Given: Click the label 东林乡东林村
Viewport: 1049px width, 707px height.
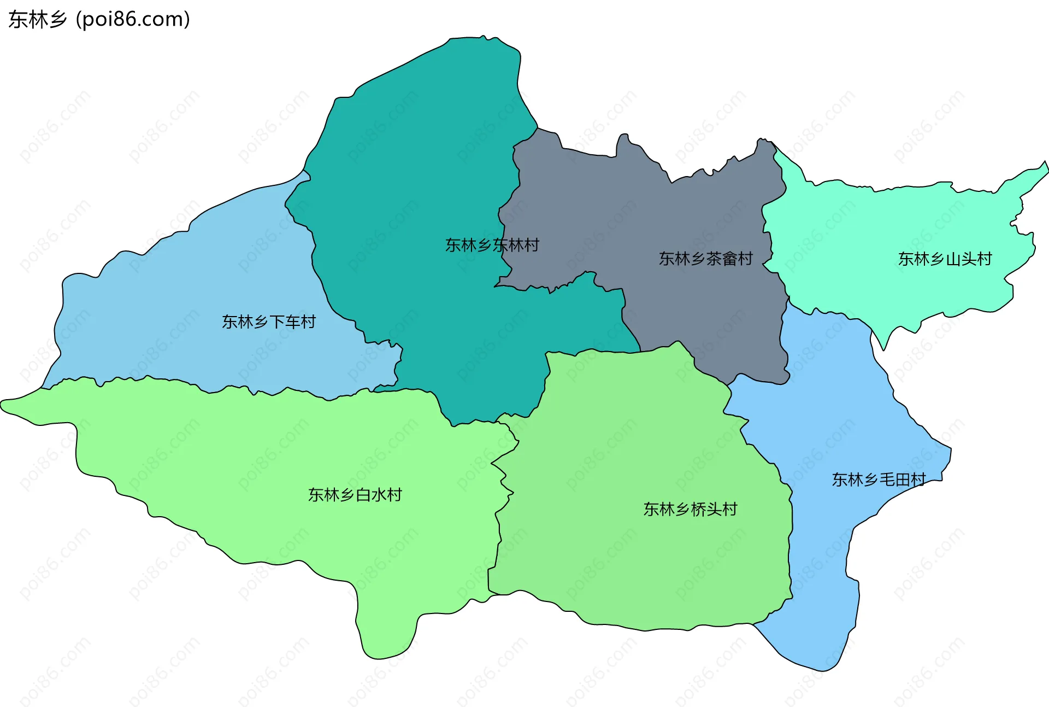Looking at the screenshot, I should tap(492, 245).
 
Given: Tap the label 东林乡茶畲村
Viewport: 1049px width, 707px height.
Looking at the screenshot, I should tap(705, 259).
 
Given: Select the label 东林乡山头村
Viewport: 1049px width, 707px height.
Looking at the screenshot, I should tap(945, 259).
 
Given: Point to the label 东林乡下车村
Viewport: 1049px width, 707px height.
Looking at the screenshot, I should tap(268, 322).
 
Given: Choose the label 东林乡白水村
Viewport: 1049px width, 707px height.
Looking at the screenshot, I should tap(355, 495).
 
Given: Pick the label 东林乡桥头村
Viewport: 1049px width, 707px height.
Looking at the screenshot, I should tap(690, 510).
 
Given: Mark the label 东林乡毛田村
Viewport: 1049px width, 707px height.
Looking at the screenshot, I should tap(879, 480).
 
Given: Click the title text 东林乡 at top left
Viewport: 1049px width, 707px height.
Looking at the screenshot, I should tap(37, 20).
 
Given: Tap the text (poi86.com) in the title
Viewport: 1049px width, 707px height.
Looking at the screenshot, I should tap(133, 20).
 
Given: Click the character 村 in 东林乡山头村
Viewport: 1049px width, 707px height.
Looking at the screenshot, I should tap(985, 259).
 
